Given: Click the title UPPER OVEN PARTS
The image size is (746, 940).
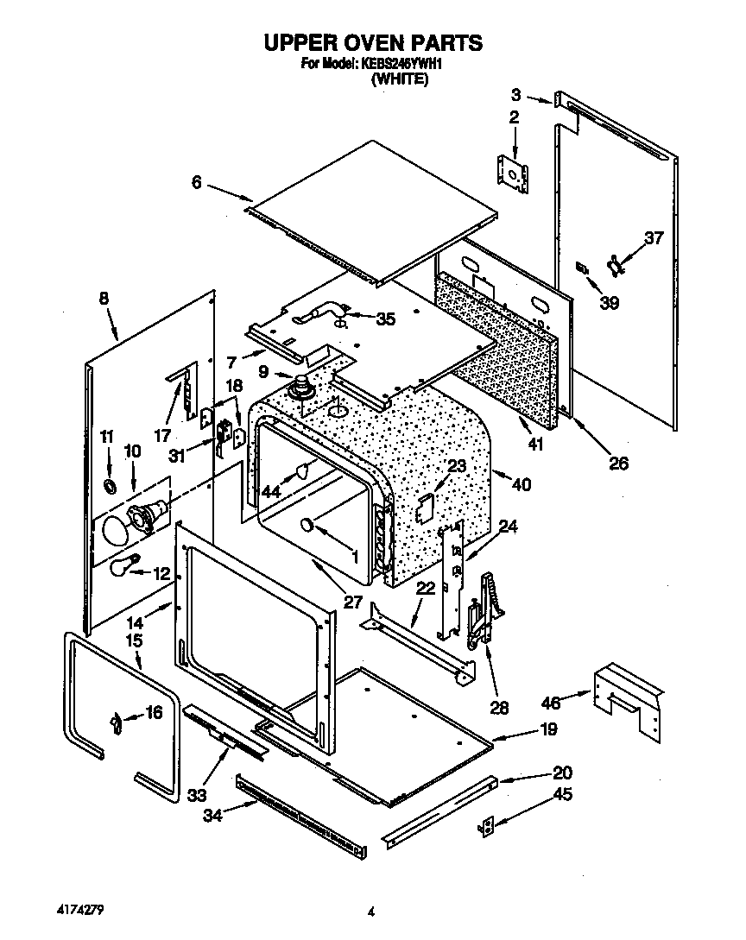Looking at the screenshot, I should tap(372, 42).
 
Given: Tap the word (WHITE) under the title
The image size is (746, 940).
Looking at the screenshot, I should tap(400, 79).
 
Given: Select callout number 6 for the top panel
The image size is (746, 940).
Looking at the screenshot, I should tap(197, 182).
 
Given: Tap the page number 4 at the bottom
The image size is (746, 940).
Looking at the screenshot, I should tap(371, 912).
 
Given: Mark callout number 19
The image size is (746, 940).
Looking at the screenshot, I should tap(548, 729).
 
